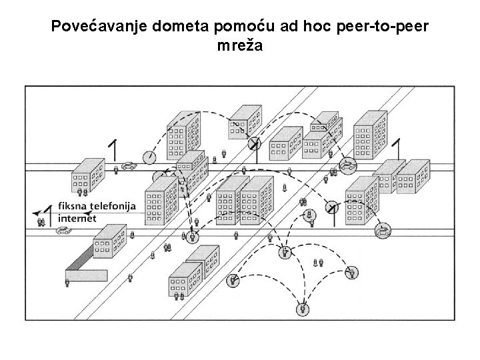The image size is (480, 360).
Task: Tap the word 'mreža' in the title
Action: (239, 46)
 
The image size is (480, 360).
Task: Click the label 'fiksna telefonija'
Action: (97, 206)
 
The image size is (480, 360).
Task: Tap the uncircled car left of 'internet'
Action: (62, 230)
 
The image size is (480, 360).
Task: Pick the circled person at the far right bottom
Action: (352, 271)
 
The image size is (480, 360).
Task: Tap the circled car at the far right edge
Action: (384, 231)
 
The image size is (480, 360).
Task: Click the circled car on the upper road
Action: (347, 165)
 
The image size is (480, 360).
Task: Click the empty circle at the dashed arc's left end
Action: (149, 157)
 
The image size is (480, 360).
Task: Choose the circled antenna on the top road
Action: (253, 143)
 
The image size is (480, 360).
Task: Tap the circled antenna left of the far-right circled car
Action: (331, 208)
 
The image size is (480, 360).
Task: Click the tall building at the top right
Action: (370, 138)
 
